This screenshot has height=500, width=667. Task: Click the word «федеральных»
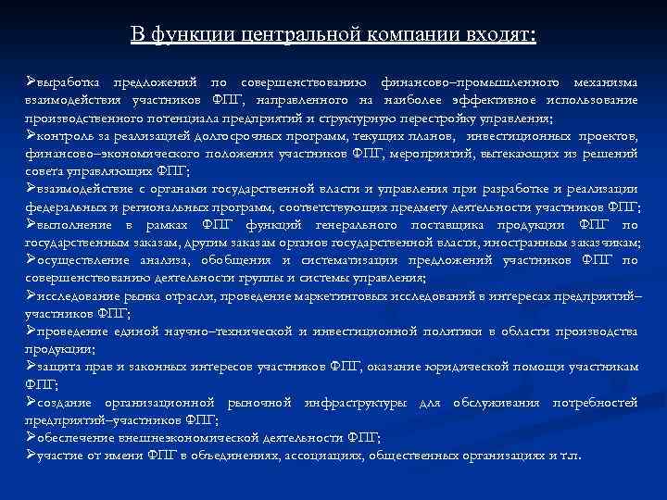pyautogui.click(x=67, y=206)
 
